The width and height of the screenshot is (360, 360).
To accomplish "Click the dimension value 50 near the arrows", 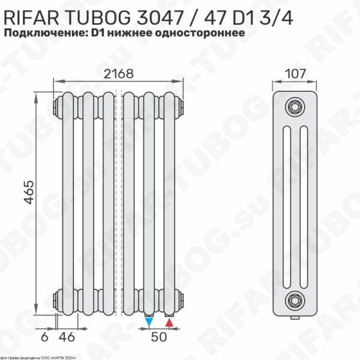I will point(159,337).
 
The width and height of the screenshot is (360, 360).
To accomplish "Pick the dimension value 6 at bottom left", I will point(44,337).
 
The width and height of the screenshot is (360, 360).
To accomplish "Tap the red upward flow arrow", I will point(169,323).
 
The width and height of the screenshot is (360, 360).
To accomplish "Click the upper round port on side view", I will point(294,106).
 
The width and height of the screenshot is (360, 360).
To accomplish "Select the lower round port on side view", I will point(294,298).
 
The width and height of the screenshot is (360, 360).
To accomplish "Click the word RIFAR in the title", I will point(29,14).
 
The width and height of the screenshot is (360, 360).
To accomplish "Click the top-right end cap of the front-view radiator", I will point(182,106).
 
